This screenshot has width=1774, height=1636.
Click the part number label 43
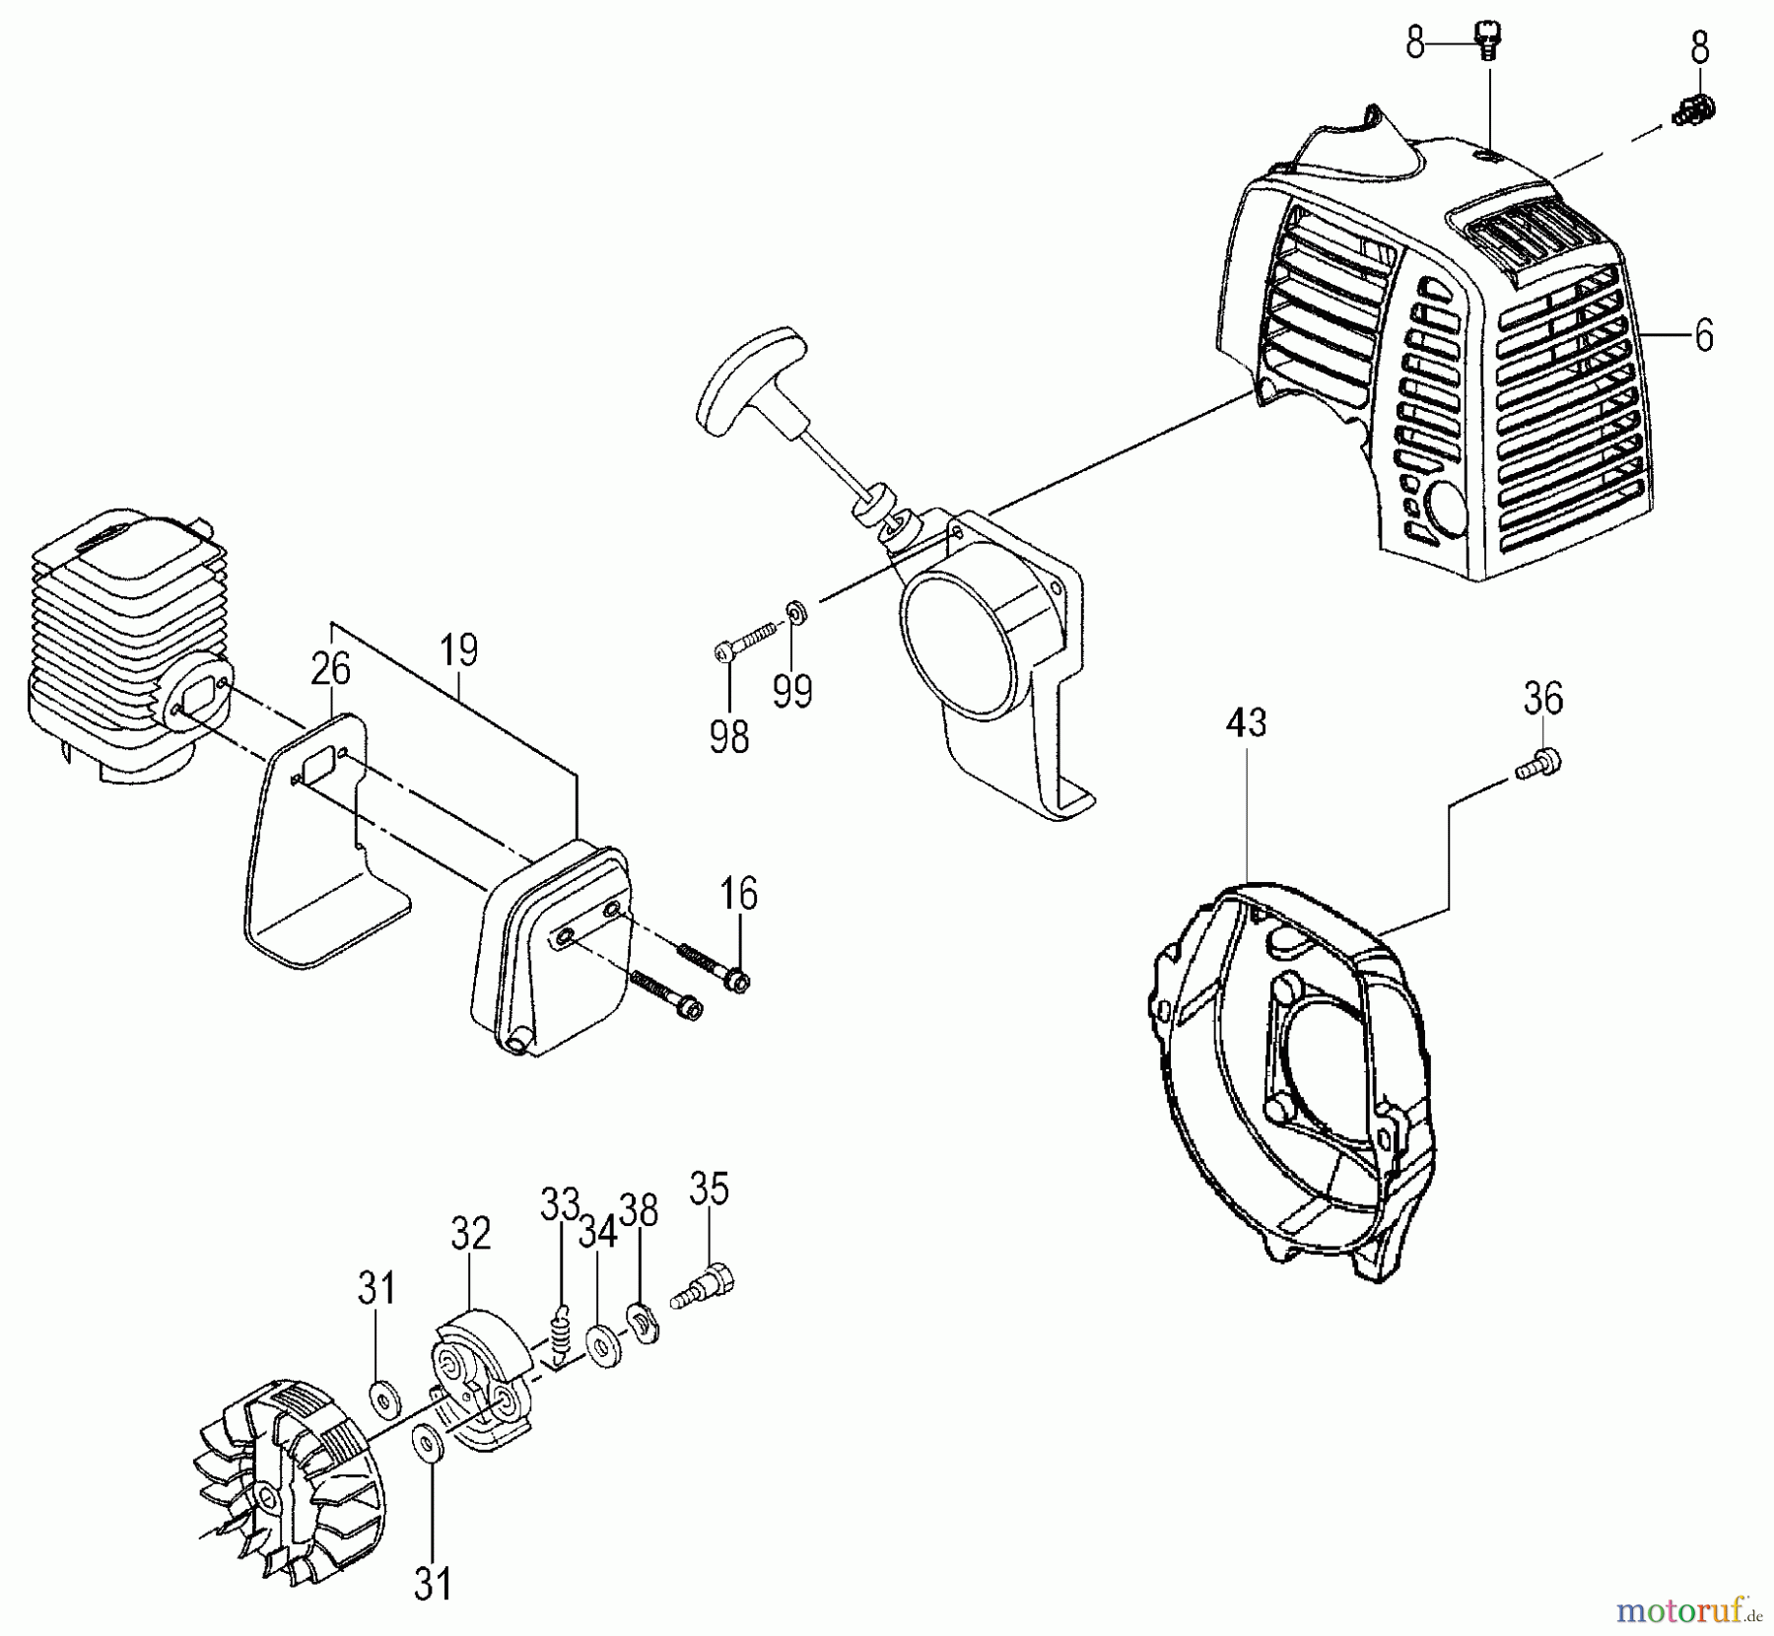(x=1246, y=722)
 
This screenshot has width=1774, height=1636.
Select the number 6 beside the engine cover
(x=1704, y=336)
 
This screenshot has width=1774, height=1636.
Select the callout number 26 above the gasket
(x=330, y=669)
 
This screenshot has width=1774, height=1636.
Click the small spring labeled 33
(x=561, y=1336)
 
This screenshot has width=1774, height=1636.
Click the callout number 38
(x=639, y=1210)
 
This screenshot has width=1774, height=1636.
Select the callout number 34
(x=597, y=1232)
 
